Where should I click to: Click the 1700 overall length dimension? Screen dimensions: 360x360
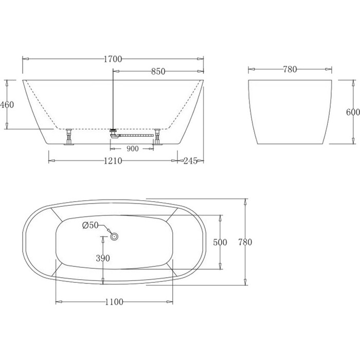(113, 59)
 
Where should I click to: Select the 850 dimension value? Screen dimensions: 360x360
(158, 71)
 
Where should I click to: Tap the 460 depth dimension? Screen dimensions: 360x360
(7, 105)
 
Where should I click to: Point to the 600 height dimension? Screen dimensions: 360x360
(353, 112)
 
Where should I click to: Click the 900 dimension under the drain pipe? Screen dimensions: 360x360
(133, 149)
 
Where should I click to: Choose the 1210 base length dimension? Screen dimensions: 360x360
(113, 160)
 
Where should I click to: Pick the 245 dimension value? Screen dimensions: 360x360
(190, 160)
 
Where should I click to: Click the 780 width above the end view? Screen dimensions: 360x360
(290, 69)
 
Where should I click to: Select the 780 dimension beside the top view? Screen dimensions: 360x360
(245, 242)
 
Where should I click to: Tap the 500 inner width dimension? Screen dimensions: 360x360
(220, 242)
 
